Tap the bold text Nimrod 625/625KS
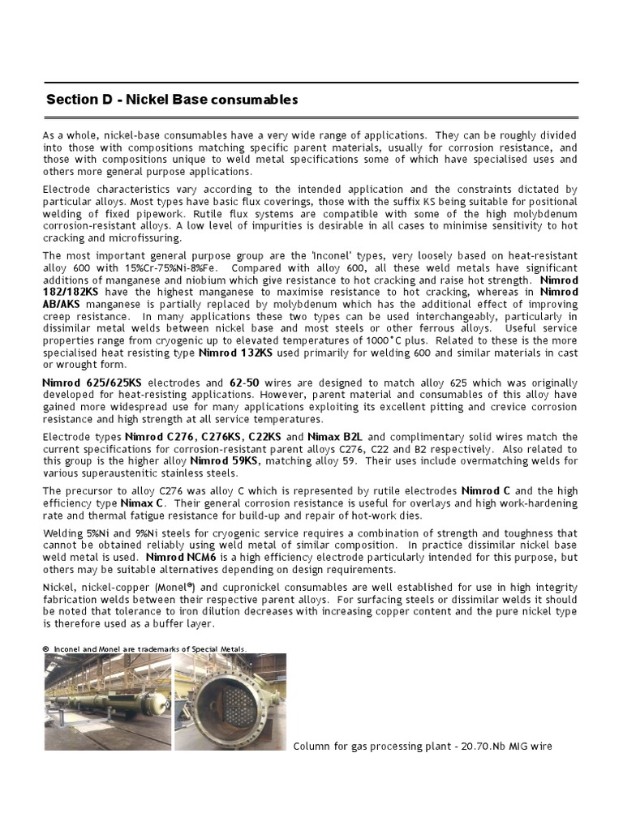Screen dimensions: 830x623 (86, 382)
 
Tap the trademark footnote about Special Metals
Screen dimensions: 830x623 (144, 648)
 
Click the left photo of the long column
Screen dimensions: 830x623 (107, 702)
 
